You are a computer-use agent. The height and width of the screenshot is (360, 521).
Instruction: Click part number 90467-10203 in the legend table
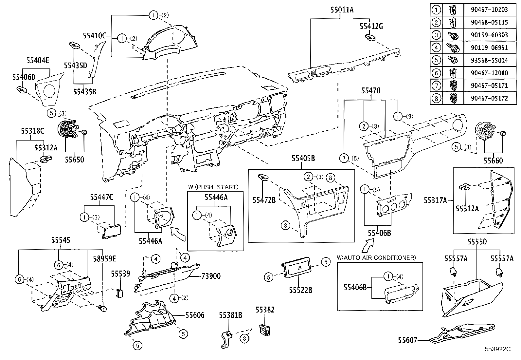pos(489,9)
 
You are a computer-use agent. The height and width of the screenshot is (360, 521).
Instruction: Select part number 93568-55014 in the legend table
pos(489,60)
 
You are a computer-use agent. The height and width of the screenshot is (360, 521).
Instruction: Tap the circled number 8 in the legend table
pos(436,98)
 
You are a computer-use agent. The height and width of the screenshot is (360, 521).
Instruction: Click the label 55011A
pos(342,10)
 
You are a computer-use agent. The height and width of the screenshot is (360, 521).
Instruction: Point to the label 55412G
pos(371,27)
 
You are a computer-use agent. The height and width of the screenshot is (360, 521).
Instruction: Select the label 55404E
pos(38,61)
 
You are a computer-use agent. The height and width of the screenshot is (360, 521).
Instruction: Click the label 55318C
pos(33,131)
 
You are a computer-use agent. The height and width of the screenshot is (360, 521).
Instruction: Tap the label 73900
pos(211,276)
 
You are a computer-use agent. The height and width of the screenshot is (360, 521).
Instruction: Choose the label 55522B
pos(300,290)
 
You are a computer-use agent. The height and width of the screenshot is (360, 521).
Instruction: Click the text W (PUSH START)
pos(213,187)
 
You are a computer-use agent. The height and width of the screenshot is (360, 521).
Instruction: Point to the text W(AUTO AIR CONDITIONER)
pos(376,258)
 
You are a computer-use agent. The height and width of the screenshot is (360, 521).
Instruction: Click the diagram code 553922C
pos(498,349)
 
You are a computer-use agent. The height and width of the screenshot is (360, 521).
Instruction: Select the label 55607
pos(408,340)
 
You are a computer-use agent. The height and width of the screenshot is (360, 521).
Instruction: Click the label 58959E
pos(104,259)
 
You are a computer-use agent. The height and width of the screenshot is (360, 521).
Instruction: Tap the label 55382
pos(265,310)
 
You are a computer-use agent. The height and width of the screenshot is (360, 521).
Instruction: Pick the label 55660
pos(493,161)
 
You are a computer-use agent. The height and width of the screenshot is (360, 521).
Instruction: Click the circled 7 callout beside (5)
pos(344,158)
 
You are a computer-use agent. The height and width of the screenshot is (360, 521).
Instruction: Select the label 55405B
pos(303,159)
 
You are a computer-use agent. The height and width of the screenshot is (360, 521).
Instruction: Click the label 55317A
pos(435,200)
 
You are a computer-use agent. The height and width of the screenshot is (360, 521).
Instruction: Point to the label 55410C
pos(95,36)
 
